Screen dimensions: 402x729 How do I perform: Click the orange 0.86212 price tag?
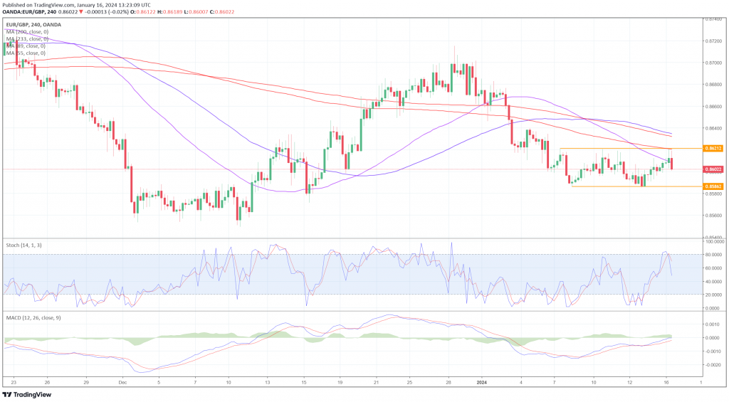pyautogui.click(x=713, y=148)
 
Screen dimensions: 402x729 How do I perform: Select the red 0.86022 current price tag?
pyautogui.click(x=713, y=169)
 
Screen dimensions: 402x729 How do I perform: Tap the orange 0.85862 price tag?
pyautogui.click(x=713, y=186)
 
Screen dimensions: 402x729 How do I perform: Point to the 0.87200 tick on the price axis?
pyautogui.click(x=713, y=41)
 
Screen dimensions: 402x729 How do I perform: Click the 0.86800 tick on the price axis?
pyautogui.click(x=713, y=85)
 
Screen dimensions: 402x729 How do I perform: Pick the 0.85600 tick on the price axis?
pyautogui.click(x=713, y=216)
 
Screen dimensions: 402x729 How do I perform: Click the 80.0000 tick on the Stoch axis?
pyautogui.click(x=713, y=254)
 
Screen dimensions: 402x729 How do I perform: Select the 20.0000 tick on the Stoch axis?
pyautogui.click(x=713, y=295)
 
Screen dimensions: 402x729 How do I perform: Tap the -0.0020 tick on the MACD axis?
pyautogui.click(x=713, y=364)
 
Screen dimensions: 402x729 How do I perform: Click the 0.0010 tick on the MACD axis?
pyautogui.click(x=713, y=324)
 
